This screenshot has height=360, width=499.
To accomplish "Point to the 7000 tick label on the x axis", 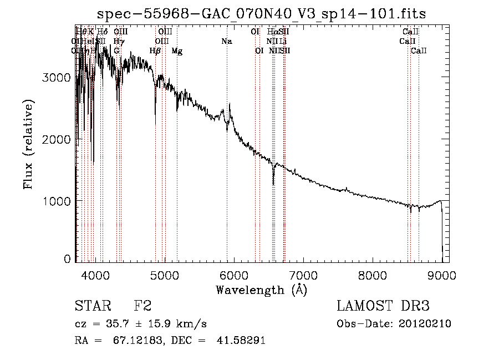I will [x=303, y=275].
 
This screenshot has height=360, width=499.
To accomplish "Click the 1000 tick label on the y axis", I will [x=57, y=201].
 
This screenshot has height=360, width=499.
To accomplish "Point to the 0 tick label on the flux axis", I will [x=67, y=259].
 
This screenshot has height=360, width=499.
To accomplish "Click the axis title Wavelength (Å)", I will [x=261, y=290].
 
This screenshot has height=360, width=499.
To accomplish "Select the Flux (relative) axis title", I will [x=28, y=144].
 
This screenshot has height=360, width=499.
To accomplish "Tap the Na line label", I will [x=226, y=42].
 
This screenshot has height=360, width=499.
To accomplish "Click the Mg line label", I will [x=177, y=51].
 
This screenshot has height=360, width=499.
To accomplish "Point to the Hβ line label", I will [x=155, y=51].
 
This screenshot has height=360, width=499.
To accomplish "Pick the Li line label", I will [x=283, y=42].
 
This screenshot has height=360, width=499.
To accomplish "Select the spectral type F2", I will [x=142, y=306].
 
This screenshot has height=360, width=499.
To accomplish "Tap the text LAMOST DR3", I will [x=383, y=306].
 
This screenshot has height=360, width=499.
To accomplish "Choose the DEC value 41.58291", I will [x=242, y=341].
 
